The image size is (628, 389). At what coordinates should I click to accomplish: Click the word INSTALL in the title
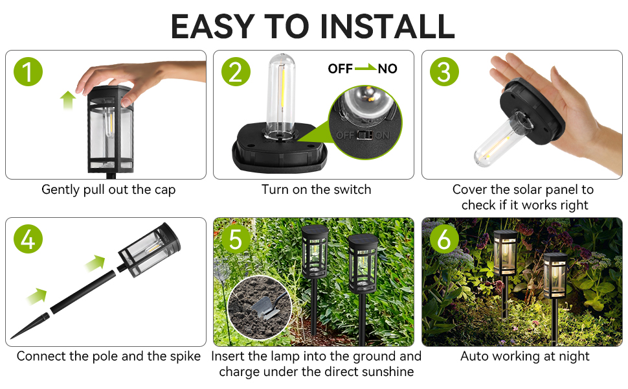(x=387, y=27)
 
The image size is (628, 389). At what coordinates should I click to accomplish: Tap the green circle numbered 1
(x=28, y=72)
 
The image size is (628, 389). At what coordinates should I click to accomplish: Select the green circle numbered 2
(x=236, y=72)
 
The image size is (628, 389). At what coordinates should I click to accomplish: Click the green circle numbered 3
(x=444, y=72)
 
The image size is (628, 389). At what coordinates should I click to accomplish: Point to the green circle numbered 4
(x=28, y=239)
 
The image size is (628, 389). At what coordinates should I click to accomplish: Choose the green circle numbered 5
(x=236, y=239)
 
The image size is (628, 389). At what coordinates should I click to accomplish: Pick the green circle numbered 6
(x=444, y=239)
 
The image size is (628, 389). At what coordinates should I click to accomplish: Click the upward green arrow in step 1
(x=68, y=100)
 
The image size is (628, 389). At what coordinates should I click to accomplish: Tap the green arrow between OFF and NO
(x=366, y=68)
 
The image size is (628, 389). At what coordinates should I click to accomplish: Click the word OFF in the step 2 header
(x=340, y=69)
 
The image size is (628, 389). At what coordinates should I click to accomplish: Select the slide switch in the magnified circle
(x=364, y=135)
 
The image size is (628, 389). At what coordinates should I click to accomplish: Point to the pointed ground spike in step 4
(x=30, y=326)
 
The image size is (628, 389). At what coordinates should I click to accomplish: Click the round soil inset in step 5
(x=260, y=308)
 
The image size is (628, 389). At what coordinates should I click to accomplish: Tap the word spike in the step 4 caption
(x=185, y=357)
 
